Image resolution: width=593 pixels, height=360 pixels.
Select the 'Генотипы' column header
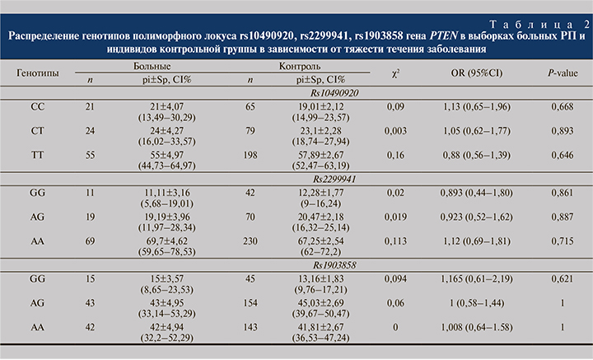pos(38,72)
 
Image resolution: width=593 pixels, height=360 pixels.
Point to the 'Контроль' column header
pos(301,65)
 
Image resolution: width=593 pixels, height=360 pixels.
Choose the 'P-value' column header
pos(561,72)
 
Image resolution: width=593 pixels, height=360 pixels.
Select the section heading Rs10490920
pos(320,93)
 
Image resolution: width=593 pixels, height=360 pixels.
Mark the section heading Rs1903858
pos(320,265)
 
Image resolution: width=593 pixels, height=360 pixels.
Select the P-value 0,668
pos(561,108)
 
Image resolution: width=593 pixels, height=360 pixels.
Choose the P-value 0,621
pos(561,280)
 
